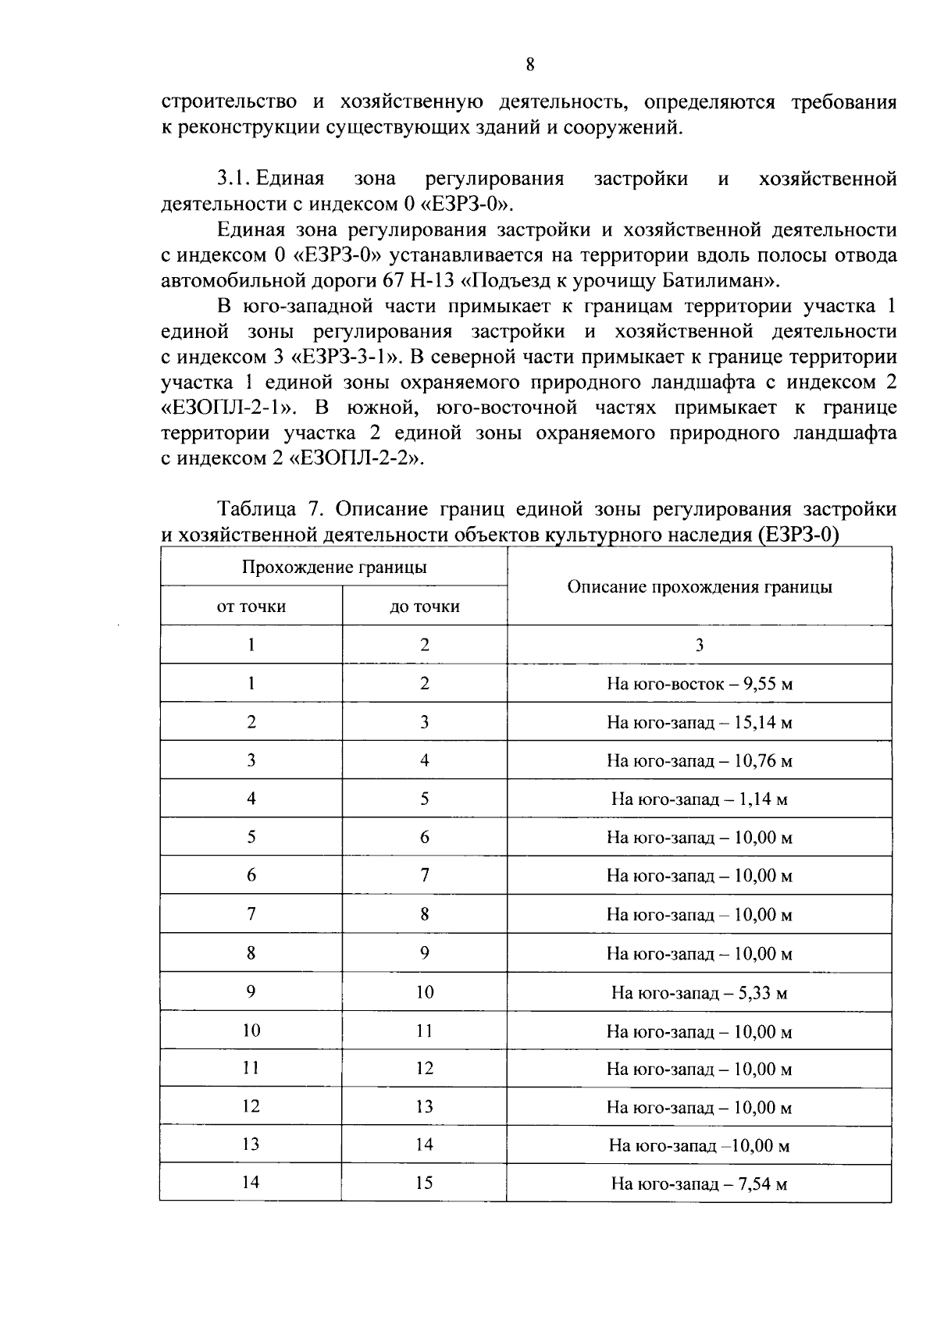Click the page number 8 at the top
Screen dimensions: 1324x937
[x=529, y=65]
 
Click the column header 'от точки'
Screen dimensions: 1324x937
[x=251, y=607]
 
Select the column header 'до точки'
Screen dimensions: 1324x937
[x=424, y=607]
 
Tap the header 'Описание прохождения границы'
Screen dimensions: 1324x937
[x=699, y=587]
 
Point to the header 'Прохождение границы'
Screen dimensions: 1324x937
[x=333, y=568]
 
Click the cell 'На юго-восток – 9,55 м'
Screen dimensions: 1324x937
[x=699, y=684]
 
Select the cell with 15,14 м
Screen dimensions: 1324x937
[x=699, y=722]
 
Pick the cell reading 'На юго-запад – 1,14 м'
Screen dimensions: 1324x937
[x=699, y=799]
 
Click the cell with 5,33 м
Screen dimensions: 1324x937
[x=699, y=993]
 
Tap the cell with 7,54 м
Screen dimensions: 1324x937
[x=699, y=1184]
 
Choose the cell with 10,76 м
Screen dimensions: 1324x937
[x=699, y=761]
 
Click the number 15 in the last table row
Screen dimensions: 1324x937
[x=424, y=1183]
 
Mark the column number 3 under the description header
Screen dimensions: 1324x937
[x=699, y=645]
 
